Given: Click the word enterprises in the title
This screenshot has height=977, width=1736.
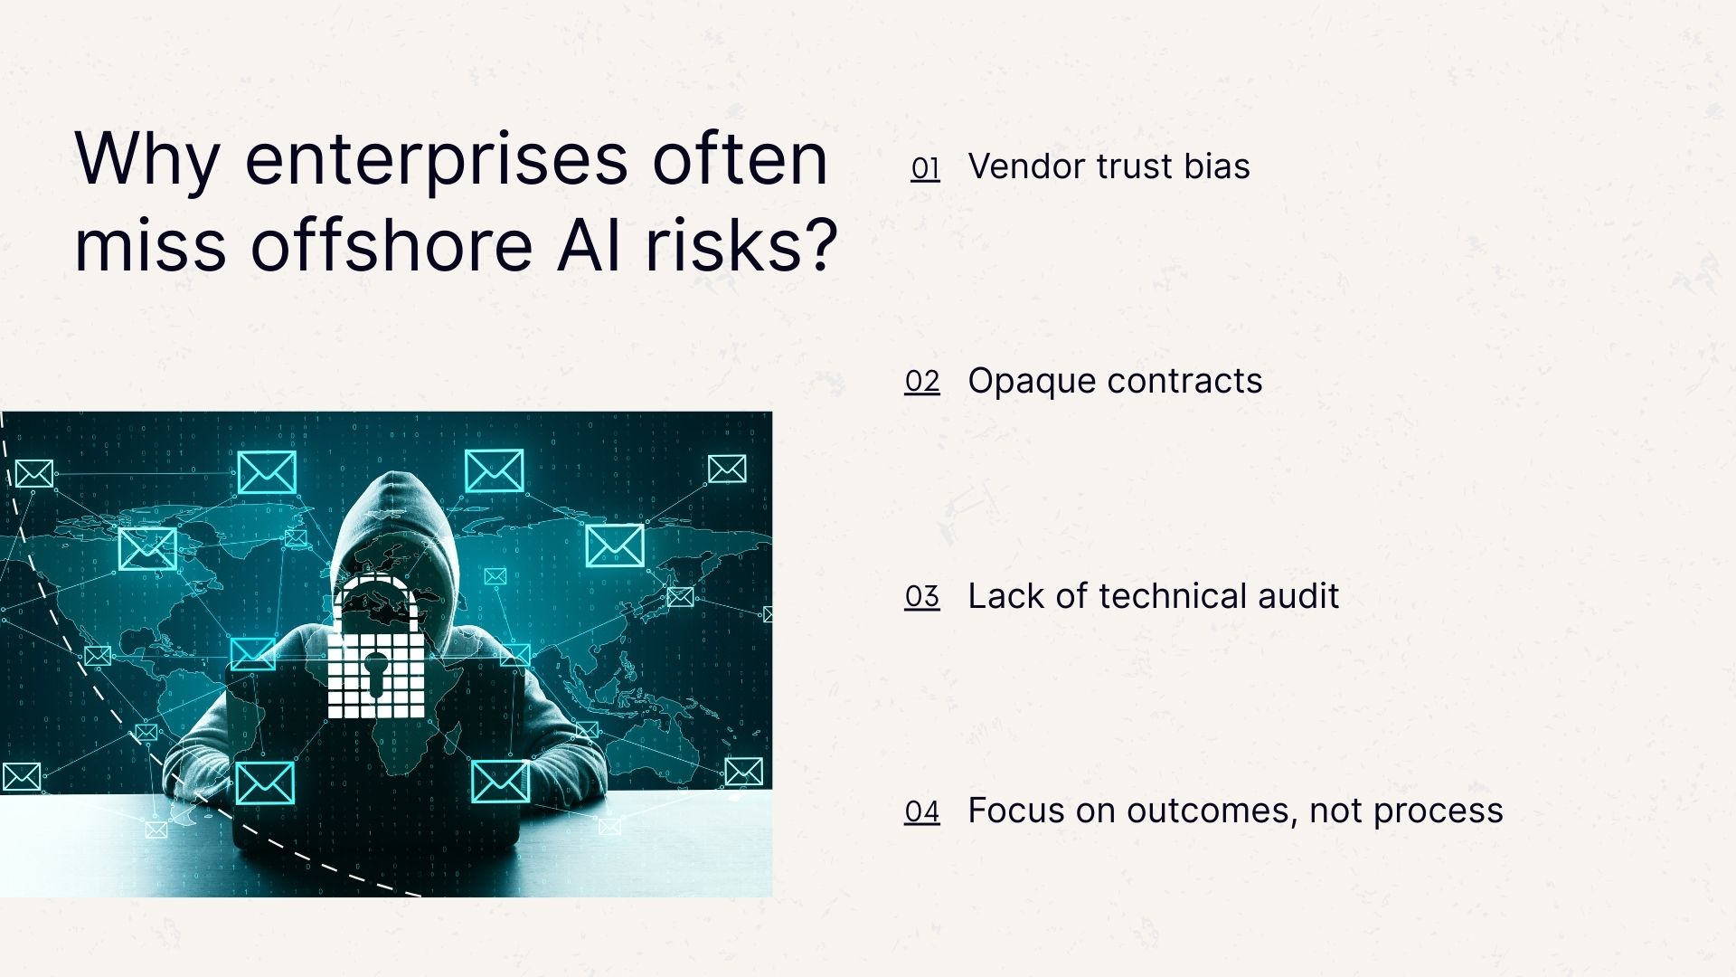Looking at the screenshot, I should pos(436,161).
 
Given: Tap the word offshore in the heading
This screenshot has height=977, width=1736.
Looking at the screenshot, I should pos(392,246).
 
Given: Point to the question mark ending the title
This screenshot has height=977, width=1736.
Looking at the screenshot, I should pos(820,246).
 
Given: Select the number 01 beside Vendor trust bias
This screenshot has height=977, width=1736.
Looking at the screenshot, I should pos(925,168).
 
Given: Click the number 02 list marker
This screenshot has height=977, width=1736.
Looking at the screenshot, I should pos(922,382).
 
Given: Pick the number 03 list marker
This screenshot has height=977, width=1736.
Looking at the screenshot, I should pos(922,597).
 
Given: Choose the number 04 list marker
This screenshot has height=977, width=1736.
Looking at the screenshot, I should pos(922,811).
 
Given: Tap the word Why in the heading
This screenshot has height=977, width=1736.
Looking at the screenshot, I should pos(147,161).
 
